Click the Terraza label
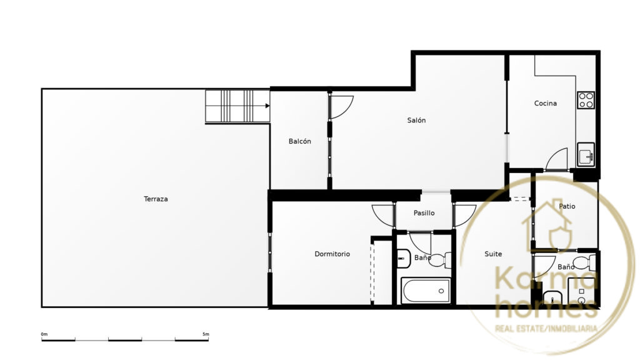[156, 199]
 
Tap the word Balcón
[299, 141]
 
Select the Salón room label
[416, 120]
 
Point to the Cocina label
[545, 103]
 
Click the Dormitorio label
[332, 254]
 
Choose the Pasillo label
[424, 212]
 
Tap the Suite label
[493, 254]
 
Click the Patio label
[567, 206]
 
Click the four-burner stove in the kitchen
[586, 100]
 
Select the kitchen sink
[586, 154]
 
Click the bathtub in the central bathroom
[426, 291]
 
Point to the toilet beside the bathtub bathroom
[441, 259]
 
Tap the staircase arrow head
[267, 106]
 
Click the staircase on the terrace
[237, 106]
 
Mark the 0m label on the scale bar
[44, 334]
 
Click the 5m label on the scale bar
[206, 334]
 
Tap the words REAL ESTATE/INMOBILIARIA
[546, 329]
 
